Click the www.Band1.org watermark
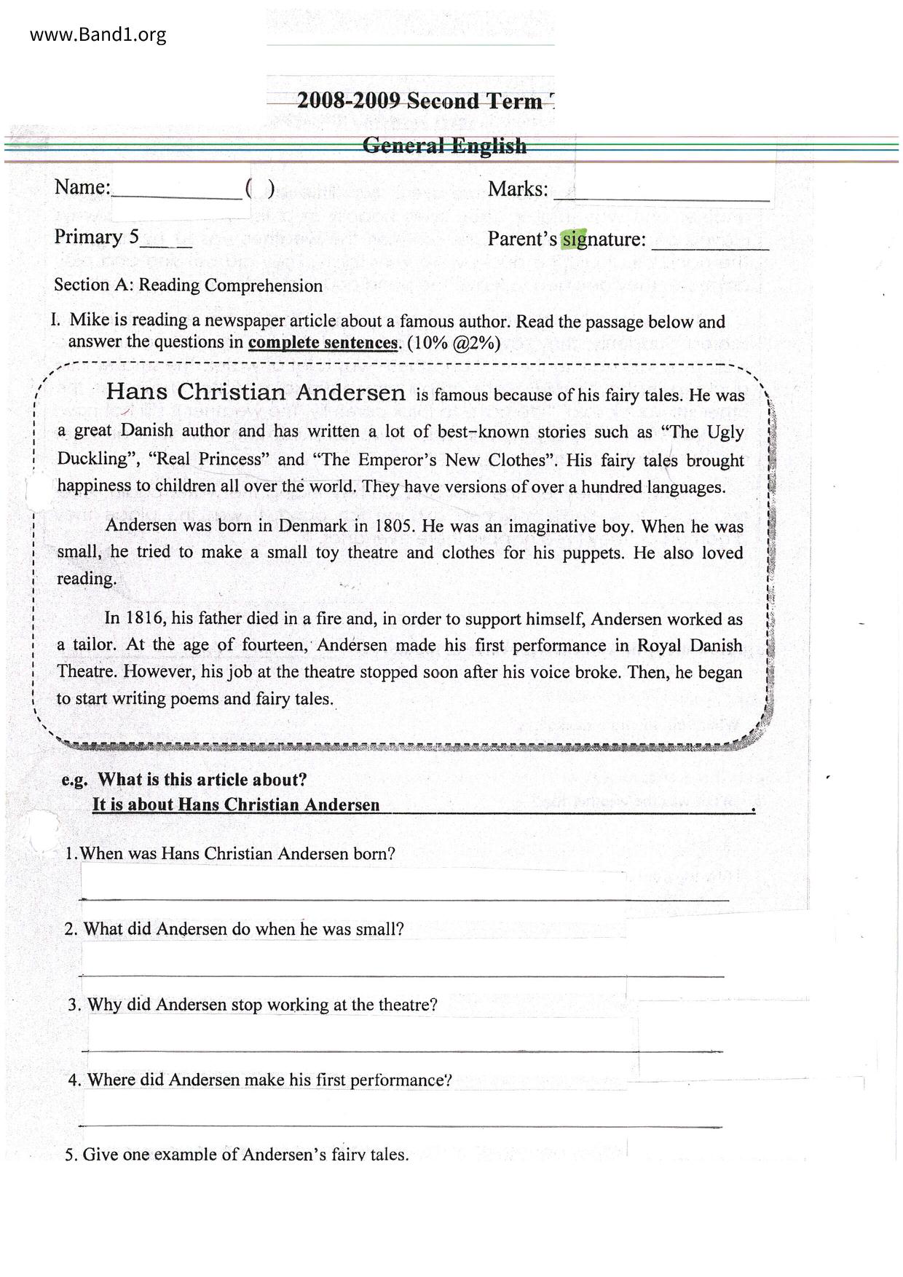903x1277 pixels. [x=98, y=34]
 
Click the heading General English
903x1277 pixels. [x=444, y=146]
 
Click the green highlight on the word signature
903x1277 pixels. [x=574, y=239]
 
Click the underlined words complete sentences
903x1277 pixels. [x=323, y=343]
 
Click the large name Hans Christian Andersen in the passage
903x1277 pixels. [x=256, y=392]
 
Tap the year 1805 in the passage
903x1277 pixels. [x=395, y=526]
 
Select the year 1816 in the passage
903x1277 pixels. [x=148, y=619]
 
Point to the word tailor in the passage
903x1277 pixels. [x=94, y=645]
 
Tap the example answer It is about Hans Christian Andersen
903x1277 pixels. [x=236, y=804]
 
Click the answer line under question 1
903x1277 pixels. [x=404, y=900]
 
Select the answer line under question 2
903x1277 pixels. [x=401, y=976]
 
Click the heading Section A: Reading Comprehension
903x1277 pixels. [x=188, y=285]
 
